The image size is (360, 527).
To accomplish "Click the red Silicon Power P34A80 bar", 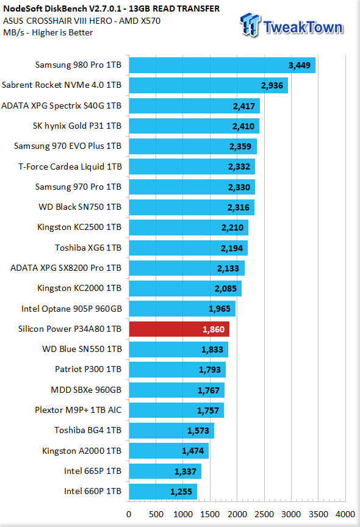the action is click(x=179, y=329).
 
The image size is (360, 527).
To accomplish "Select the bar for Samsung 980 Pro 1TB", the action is click(x=222, y=65).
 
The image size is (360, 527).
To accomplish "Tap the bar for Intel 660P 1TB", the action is click(x=163, y=492).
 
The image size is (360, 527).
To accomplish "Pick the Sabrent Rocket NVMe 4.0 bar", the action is click(x=209, y=85).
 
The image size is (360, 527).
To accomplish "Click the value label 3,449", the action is click(x=300, y=65).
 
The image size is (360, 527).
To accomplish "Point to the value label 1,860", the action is click(x=214, y=329).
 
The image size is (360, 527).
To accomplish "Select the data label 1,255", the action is click(x=181, y=492).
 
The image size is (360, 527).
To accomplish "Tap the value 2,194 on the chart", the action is click(x=232, y=248).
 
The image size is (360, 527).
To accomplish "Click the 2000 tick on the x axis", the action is click(x=237, y=514).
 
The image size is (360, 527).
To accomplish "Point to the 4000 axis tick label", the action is click(x=345, y=514).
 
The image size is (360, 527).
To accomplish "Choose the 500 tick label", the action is click(x=156, y=514).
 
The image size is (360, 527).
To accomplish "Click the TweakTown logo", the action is click(x=292, y=25).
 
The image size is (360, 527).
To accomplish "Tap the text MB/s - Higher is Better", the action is click(x=48, y=32).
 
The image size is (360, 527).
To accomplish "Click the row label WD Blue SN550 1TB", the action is click(x=82, y=350).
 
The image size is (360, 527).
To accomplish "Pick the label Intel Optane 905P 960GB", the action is click(x=71, y=309).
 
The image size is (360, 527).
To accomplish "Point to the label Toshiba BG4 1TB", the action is click(x=88, y=430).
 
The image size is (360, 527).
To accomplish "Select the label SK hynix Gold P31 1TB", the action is click(x=77, y=126).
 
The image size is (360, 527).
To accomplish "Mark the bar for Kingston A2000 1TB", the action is click(x=169, y=451).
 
